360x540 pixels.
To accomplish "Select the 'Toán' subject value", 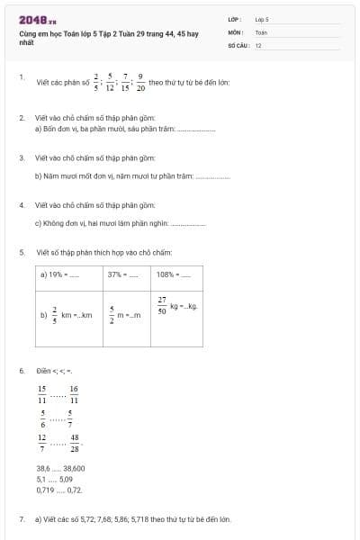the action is click(x=261, y=31).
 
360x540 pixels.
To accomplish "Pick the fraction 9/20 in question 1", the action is click(x=140, y=82).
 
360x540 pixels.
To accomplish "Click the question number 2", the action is click(x=22, y=118).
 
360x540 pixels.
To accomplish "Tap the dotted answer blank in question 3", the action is click(x=212, y=175).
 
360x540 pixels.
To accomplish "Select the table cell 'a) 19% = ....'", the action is click(x=68, y=274).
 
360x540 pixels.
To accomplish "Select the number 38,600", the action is click(x=74, y=468).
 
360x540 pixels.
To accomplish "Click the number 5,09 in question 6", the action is click(x=64, y=479).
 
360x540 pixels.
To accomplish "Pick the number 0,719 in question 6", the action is click(x=44, y=490).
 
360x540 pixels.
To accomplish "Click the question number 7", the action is click(x=22, y=519).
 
